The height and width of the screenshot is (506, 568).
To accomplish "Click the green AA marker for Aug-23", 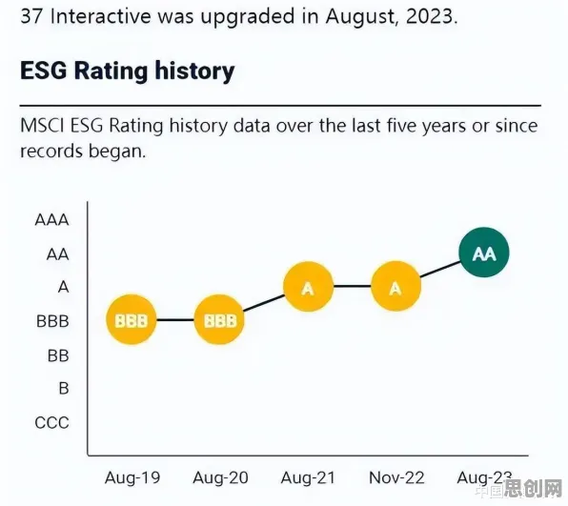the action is [484, 253].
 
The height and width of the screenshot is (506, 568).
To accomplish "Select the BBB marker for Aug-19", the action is [132, 320].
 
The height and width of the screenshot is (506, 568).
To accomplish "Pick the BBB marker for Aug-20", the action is [219, 320].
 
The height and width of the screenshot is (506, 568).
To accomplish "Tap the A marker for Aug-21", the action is [308, 287].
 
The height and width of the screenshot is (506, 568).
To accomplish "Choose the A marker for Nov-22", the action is [396, 287].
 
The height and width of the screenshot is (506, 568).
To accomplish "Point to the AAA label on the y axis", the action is [51, 220].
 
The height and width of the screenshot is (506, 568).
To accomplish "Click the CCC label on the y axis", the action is [51, 423].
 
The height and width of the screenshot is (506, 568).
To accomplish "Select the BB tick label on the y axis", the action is [58, 355].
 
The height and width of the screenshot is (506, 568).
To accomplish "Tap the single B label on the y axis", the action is [64, 389].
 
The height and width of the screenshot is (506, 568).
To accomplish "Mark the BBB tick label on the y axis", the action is [52, 321].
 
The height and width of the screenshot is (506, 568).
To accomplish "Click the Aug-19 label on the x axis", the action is [132, 477].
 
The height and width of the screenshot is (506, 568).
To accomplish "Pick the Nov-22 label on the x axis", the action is [396, 477].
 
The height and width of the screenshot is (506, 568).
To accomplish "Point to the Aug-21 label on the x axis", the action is [308, 477].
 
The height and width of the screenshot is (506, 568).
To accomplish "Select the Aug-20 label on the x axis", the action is [220, 477].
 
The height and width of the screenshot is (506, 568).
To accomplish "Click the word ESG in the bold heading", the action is [44, 71].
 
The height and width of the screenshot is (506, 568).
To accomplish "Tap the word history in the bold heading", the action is [194, 71].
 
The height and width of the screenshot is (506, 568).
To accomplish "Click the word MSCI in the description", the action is [42, 126].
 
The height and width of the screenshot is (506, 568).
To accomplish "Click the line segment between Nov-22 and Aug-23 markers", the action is [440, 270].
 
